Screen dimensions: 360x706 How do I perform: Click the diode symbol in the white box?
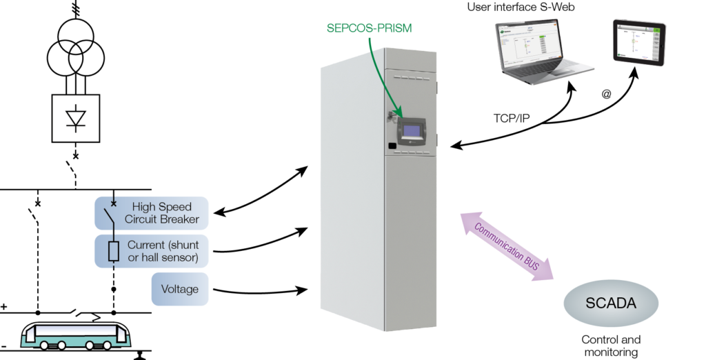[76, 119]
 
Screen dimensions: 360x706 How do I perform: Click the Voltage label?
[179, 289]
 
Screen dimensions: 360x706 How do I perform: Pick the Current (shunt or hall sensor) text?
[163, 251]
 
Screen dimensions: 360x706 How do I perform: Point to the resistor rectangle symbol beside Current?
[114, 251]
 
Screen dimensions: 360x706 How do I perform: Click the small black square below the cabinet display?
[391, 146]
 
